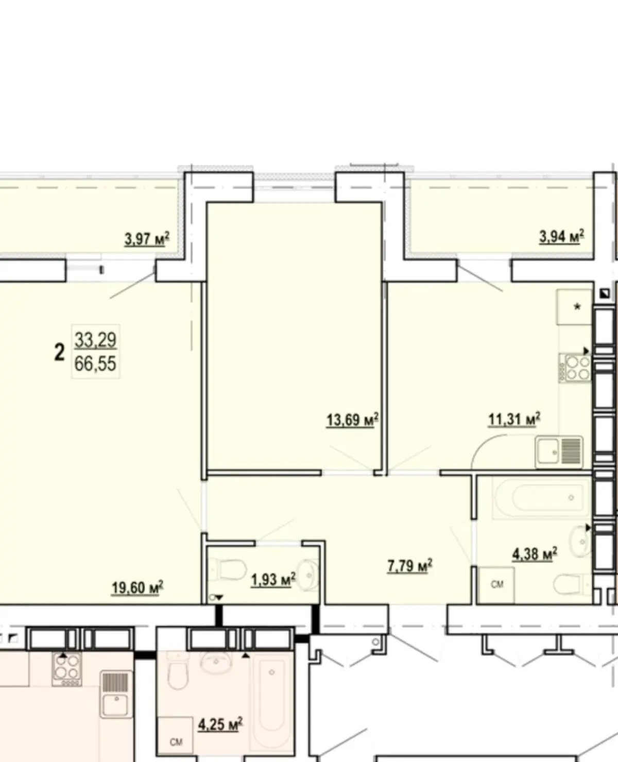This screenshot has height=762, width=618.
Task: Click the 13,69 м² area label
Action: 352,420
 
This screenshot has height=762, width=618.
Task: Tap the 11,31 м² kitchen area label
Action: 514,419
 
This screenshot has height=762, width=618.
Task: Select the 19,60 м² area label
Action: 138,588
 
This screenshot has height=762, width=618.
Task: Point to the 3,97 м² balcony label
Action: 147,239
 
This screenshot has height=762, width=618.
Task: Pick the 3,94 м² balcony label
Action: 562,236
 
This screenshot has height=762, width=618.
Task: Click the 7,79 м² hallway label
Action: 410,566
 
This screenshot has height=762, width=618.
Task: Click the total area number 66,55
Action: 96,363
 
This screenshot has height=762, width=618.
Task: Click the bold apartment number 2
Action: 59,353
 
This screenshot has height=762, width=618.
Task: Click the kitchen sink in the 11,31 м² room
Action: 559,453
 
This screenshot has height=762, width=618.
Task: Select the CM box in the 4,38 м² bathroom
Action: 496,585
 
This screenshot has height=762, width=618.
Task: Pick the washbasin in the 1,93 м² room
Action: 308,575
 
